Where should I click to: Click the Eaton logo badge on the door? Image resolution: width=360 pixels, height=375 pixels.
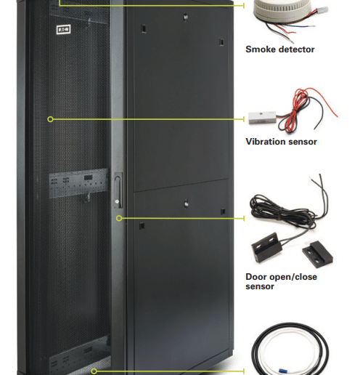pos(63,30)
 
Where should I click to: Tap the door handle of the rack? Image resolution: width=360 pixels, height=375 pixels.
pos(118,190)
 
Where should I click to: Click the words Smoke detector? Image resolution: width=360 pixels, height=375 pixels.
pos(280,49)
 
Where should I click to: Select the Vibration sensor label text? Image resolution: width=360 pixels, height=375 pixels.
pos(281,142)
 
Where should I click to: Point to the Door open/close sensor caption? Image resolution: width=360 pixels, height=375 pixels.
pos(281,281)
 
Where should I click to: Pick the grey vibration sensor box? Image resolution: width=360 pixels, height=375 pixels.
pos(262,118)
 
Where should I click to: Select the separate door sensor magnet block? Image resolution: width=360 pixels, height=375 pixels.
pos(317,254)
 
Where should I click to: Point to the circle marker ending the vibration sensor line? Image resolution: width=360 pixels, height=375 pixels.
pos(50,119)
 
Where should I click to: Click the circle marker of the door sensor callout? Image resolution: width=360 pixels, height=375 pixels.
pos(119,219)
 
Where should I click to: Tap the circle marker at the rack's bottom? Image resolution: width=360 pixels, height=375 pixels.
pos(94,371)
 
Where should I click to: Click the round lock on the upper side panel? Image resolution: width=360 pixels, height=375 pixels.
pos(185,17)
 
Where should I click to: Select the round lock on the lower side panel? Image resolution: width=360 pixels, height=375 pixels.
pos(186,203)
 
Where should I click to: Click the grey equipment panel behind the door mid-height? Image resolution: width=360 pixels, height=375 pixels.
pos(78,183)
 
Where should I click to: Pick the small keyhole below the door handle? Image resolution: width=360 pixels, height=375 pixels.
pos(117,201)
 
